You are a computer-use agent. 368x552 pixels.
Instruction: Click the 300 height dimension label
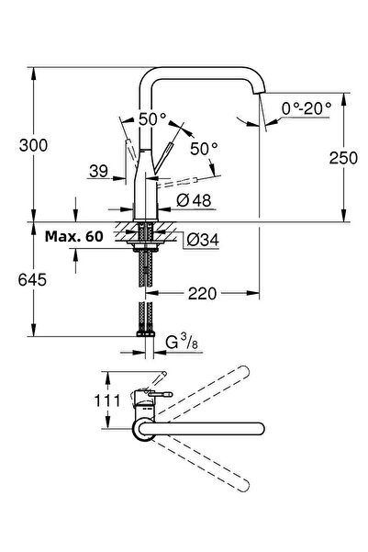pos(33,145)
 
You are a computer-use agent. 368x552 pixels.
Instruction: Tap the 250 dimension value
pos(343,158)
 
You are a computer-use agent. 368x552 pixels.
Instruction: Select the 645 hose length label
pos(32,280)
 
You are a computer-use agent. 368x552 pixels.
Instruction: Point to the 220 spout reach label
pos(202,293)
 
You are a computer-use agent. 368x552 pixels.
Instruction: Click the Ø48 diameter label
pos(194,200)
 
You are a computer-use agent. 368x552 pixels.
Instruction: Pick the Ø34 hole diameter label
pos(203,240)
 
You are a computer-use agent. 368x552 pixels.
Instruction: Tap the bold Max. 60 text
pos(74,236)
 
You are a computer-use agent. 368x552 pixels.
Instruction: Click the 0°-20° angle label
pos(307,108)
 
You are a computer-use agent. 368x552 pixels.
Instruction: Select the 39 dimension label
pos(98,171)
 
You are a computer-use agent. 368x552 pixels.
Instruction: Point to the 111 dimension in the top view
pos(107,400)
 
